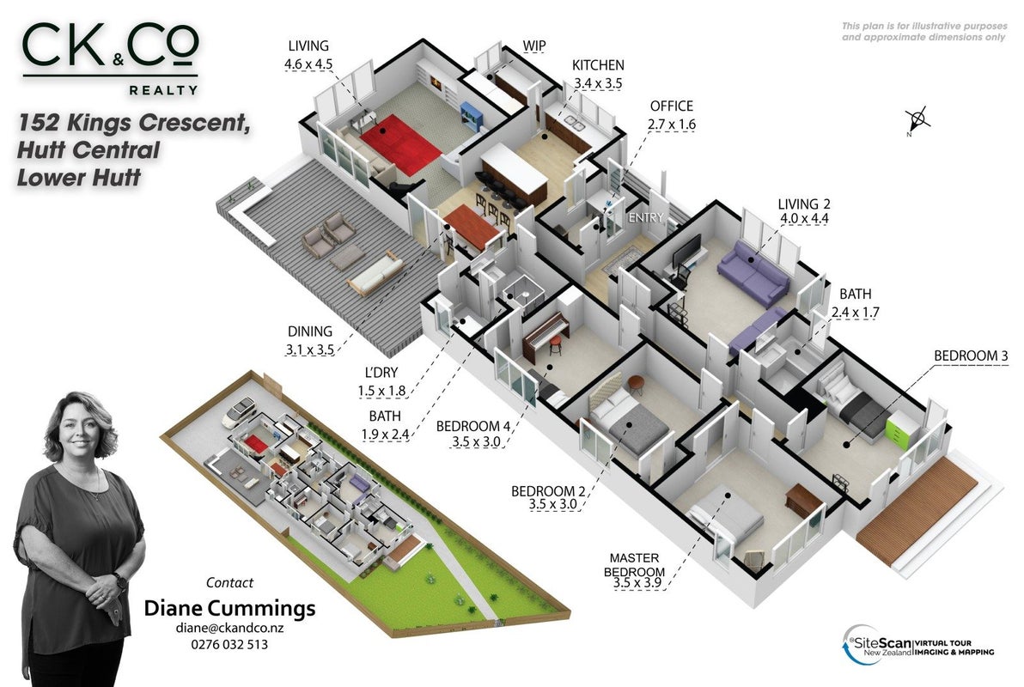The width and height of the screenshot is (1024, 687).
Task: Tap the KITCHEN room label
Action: pos(598,65)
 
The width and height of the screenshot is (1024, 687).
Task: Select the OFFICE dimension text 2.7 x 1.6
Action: pos(671,124)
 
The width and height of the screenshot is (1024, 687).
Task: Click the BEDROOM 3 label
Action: pos(971,356)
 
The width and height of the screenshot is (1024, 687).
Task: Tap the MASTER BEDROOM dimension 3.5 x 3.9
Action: pos(637,582)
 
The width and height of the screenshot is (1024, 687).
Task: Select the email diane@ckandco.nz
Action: pos(229,628)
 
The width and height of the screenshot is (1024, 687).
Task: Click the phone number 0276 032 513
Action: pos(229,644)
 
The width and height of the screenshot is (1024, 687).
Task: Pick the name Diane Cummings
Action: pos(229,608)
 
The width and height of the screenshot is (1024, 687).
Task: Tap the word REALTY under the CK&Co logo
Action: pos(163,90)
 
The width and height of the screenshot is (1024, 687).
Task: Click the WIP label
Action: pos(533,46)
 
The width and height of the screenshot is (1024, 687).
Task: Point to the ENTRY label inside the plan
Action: pos(645,217)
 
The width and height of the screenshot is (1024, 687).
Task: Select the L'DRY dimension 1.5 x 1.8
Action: pos(381,392)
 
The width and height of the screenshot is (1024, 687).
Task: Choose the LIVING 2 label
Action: pos(803,204)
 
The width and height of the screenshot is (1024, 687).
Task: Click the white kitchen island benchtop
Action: pos(514,167)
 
